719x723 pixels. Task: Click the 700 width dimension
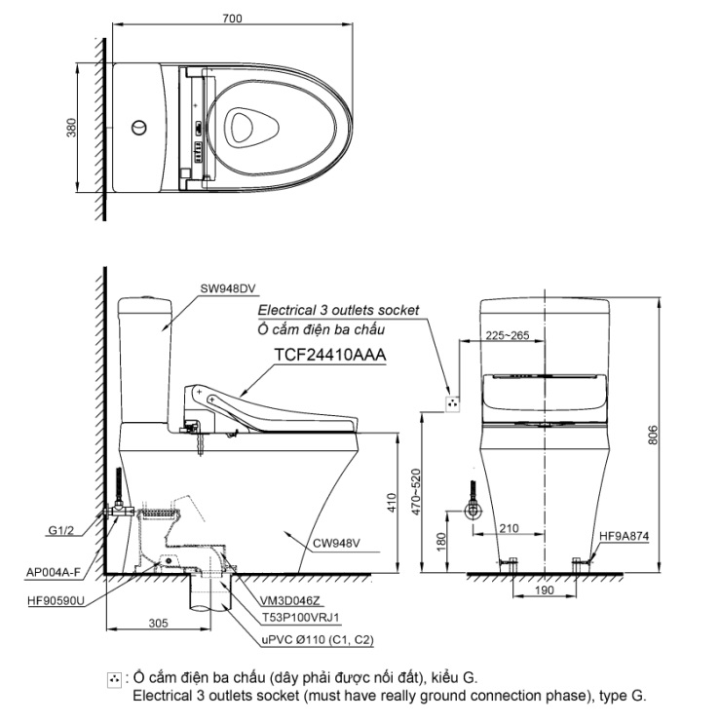tap(232, 19)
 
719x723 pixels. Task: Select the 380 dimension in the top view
tap(71, 128)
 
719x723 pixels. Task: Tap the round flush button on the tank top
tap(139, 128)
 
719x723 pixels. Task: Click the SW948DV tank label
tap(228, 288)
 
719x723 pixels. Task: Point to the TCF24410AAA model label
tap(330, 355)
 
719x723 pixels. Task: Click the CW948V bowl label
tap(336, 543)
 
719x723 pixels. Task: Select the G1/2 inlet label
tap(60, 530)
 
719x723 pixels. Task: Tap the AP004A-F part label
tap(53, 573)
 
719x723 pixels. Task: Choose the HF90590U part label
tap(57, 601)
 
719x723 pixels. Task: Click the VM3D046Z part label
tap(289, 601)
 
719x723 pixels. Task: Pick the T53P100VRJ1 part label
tap(301, 618)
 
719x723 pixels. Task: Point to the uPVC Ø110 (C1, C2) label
tap(318, 640)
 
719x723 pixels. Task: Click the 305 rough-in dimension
tap(158, 624)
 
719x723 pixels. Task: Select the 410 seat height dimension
tap(392, 503)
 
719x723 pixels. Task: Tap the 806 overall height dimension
tap(653, 436)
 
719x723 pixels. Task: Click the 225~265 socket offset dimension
tap(508, 335)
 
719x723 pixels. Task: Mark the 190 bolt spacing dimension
tap(545, 590)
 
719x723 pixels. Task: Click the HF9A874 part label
tap(624, 536)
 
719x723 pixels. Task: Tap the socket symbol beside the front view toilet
tap(452, 404)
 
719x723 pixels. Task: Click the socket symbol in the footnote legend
tap(114, 680)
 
